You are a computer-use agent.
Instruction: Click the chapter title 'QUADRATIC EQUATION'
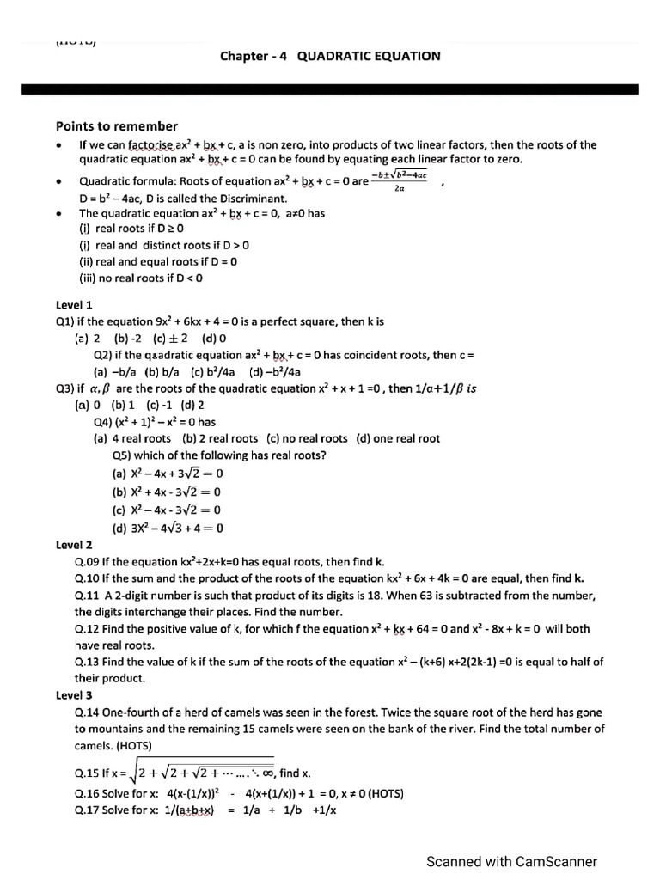[369, 56]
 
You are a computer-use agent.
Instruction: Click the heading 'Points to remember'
[117, 125]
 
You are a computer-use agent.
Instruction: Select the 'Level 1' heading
[74, 305]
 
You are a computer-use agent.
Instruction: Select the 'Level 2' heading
[74, 545]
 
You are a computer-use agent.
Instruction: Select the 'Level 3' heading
[74, 695]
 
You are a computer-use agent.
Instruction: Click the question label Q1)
[66, 321]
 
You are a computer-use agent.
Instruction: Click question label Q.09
[87, 561]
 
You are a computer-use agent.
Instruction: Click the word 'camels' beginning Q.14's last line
[94, 745]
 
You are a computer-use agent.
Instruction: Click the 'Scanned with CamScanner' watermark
[511, 861]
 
